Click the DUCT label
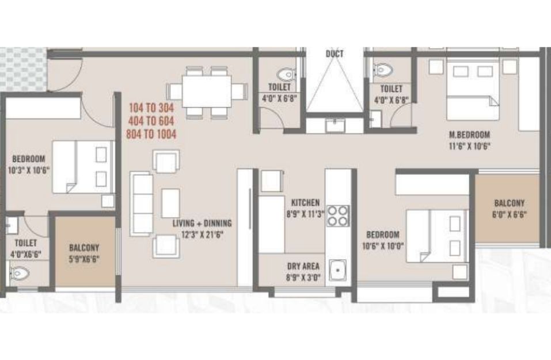point(334,54)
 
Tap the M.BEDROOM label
point(469,134)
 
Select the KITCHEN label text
point(305,203)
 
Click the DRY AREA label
point(303,266)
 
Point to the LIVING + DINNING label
point(202,223)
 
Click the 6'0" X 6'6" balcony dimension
point(509,214)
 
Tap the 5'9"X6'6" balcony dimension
point(84,259)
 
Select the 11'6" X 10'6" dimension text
point(469,146)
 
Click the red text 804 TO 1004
point(151,134)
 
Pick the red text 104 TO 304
point(151,107)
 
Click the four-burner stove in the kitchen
point(338,215)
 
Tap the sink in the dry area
point(337,270)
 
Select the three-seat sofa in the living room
point(141,203)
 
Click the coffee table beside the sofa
point(170,203)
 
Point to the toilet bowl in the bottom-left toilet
point(20,274)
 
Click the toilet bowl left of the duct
point(286,74)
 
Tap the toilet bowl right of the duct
point(382,70)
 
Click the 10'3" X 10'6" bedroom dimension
point(29,170)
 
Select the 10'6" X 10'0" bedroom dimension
point(383,246)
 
